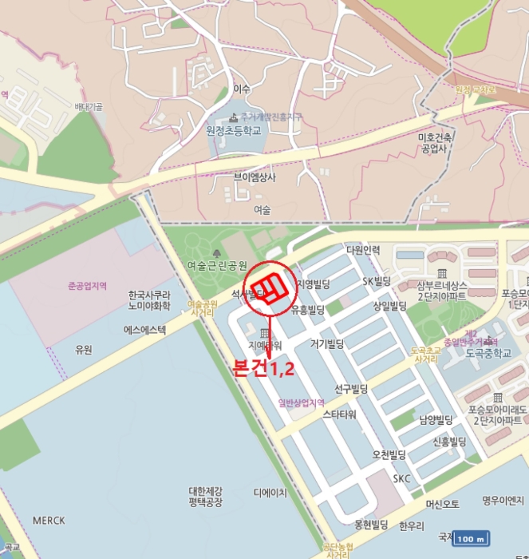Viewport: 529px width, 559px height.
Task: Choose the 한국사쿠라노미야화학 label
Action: pos(150,299)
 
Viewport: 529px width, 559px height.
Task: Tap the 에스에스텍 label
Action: pos(144,330)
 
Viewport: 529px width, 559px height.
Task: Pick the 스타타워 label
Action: pos(339,415)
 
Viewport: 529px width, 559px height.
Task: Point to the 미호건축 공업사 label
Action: pos(436,142)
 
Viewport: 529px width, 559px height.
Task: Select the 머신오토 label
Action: pos(443,505)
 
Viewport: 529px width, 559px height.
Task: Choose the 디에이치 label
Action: pos(270,494)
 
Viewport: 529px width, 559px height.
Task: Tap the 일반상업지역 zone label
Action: pos(302,402)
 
